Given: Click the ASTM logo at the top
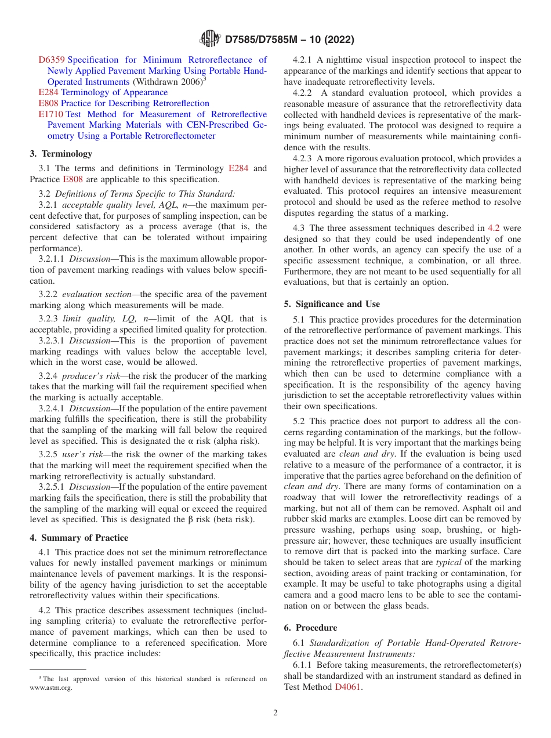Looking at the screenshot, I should pyautogui.click(x=209, y=39).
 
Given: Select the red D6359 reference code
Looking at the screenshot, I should pyautogui.click(x=52, y=60).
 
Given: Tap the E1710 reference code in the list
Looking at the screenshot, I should pyautogui.click(x=51, y=114).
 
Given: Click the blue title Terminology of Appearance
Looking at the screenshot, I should pyautogui.click(x=114, y=92).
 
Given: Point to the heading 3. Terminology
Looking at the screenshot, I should pyautogui.click(x=61, y=154).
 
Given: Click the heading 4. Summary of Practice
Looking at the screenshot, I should pyautogui.click(x=79, y=537).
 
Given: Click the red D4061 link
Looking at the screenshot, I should pyautogui.click(x=348, y=687).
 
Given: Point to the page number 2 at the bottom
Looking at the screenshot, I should pyautogui.click(x=275, y=713).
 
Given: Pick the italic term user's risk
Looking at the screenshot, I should pyautogui.click(x=83, y=455).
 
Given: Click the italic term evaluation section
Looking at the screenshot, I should pyautogui.click(x=97, y=295).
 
